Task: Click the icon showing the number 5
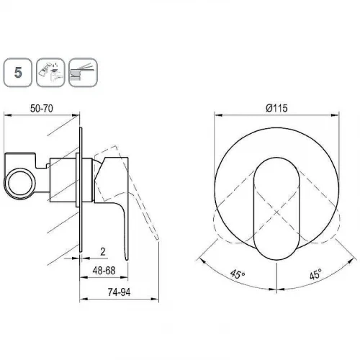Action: [x=18, y=72]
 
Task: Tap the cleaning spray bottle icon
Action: [x=50, y=72]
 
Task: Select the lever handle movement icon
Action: [x=84, y=72]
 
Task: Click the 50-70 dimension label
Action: [x=42, y=109]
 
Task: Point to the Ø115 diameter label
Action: [x=276, y=108]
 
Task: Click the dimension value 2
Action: [x=103, y=252]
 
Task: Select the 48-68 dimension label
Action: [x=104, y=271]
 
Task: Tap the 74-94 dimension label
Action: [x=119, y=292]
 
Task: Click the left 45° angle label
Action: [x=238, y=274]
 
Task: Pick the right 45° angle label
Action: [x=315, y=274]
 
